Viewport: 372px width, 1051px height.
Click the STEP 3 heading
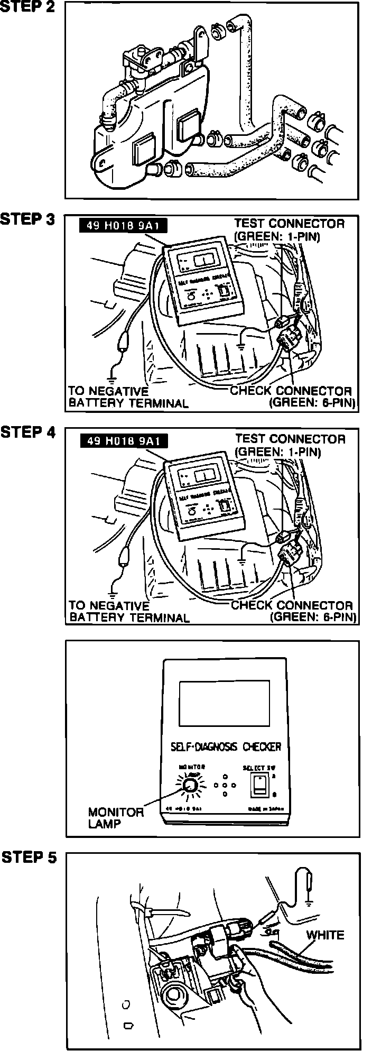click(27, 219)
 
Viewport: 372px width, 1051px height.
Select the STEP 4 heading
click(27, 433)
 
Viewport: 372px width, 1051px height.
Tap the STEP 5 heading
click(29, 858)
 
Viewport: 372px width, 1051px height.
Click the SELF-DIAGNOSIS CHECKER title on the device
click(226, 747)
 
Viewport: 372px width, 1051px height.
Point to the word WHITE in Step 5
click(325, 935)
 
